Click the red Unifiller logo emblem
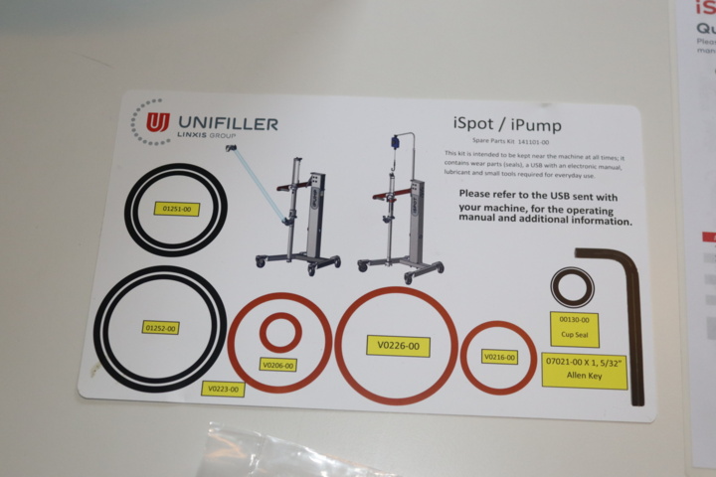pyautogui.click(x=157, y=122)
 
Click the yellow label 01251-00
pyautogui.click(x=180, y=209)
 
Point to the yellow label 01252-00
pyautogui.click(x=160, y=327)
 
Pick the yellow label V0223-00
pyautogui.click(x=223, y=389)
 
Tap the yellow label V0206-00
pyautogui.click(x=278, y=365)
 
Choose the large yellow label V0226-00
pyautogui.click(x=397, y=346)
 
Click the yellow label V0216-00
pyautogui.click(x=499, y=357)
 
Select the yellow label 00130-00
pyautogui.click(x=575, y=320)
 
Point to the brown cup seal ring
pyautogui.click(x=573, y=288)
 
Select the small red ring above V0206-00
pyautogui.click(x=280, y=332)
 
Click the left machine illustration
pyautogui.click(x=298, y=214)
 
